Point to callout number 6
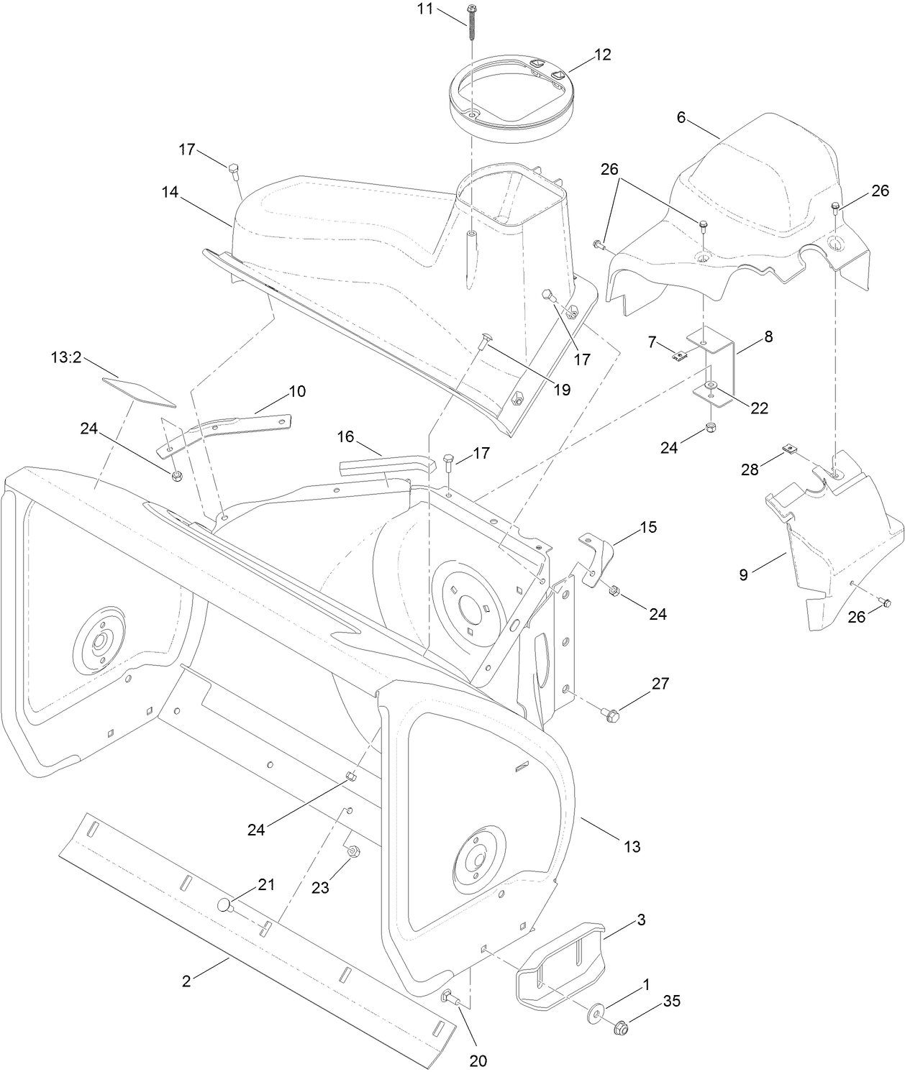point(681,118)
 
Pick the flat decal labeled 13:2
point(138,388)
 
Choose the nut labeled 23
point(353,853)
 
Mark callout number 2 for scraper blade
point(187,981)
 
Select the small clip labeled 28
point(790,450)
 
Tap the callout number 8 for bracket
point(768,336)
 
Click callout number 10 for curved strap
point(297,391)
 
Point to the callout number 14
point(170,192)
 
